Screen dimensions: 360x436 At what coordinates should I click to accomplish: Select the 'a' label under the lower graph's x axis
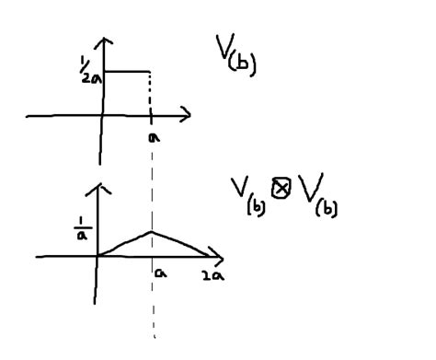(x=159, y=273)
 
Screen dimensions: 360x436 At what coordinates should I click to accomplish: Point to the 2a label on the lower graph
(x=213, y=273)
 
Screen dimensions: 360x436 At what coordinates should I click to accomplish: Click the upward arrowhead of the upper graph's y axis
(x=108, y=42)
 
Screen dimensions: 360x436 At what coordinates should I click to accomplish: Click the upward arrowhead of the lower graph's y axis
(x=98, y=188)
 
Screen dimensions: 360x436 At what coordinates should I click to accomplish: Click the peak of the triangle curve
(x=152, y=231)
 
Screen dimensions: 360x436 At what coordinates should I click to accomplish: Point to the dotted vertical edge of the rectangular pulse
(x=149, y=92)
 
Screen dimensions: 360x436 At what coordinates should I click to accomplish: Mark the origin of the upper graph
(x=105, y=116)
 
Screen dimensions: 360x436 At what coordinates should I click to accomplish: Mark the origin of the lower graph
(x=97, y=255)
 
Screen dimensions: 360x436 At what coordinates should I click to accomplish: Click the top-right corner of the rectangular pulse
(x=149, y=71)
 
